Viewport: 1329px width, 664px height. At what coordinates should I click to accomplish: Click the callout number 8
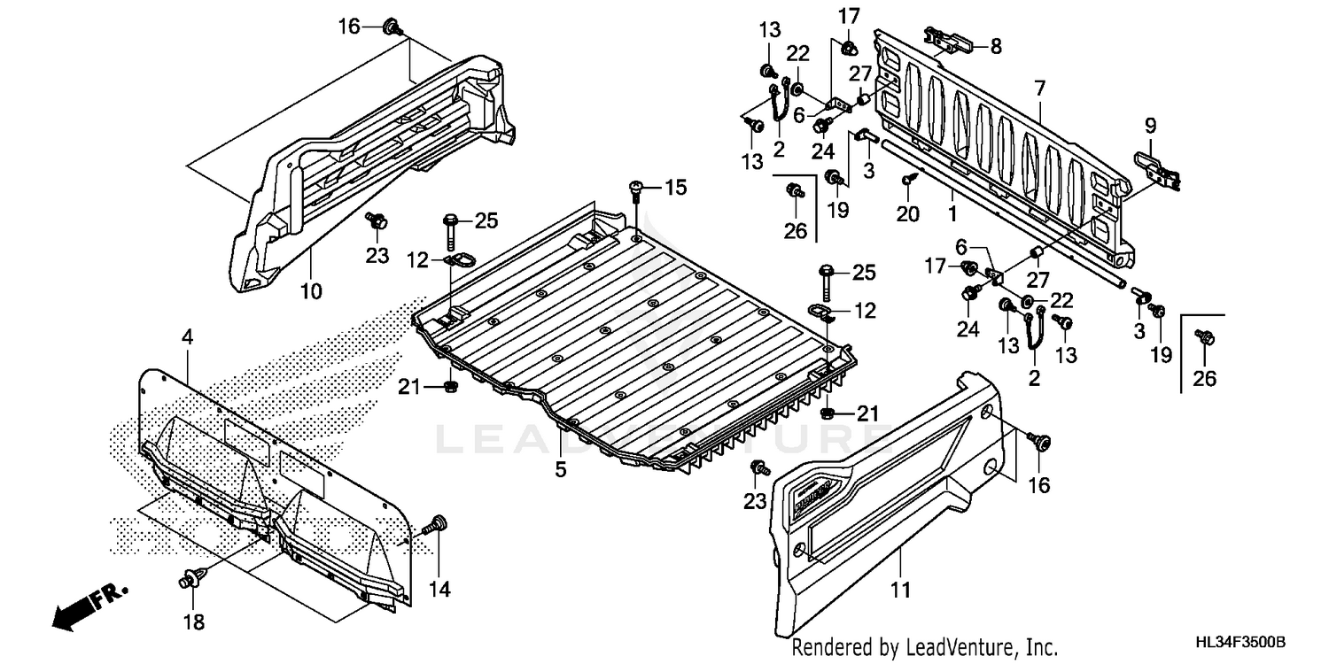click(x=996, y=46)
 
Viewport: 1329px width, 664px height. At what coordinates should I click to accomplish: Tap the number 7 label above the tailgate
click(x=1039, y=88)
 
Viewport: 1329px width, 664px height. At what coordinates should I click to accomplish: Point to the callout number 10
click(x=310, y=290)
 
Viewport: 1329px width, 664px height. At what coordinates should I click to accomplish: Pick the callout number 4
click(x=187, y=337)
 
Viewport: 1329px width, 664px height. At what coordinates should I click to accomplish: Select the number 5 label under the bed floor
click(x=560, y=470)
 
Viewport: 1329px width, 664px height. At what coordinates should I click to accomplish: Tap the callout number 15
click(x=675, y=188)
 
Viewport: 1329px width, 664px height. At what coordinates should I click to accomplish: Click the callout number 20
click(x=908, y=213)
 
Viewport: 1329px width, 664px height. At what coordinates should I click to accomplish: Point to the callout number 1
click(x=952, y=213)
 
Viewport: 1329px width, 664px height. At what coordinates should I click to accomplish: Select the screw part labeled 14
click(x=436, y=524)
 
